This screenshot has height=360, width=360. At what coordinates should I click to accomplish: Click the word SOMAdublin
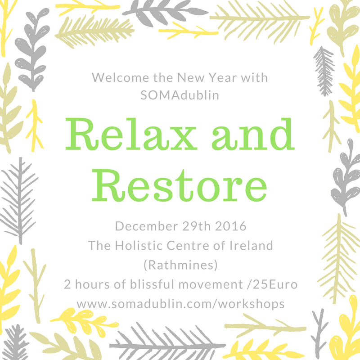(180, 95)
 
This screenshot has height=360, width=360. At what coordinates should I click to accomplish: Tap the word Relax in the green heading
(131, 134)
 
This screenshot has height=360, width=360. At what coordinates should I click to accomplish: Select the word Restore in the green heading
(179, 185)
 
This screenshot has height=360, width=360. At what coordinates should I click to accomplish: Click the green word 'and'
(253, 134)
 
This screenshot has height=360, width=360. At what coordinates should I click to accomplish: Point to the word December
(147, 226)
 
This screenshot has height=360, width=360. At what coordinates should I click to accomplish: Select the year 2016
(231, 226)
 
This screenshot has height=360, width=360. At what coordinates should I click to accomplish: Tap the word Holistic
(139, 245)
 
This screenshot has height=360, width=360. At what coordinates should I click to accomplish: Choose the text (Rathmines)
(180, 265)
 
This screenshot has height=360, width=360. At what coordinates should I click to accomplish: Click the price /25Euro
(273, 284)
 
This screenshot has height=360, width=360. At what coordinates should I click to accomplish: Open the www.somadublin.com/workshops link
(180, 304)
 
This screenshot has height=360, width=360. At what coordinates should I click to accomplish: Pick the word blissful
(152, 284)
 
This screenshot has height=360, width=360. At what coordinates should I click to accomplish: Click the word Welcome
(121, 77)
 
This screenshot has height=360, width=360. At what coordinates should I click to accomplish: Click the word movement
(211, 285)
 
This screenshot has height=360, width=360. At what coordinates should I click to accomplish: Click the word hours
(93, 284)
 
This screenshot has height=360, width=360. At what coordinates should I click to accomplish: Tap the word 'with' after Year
(254, 77)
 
